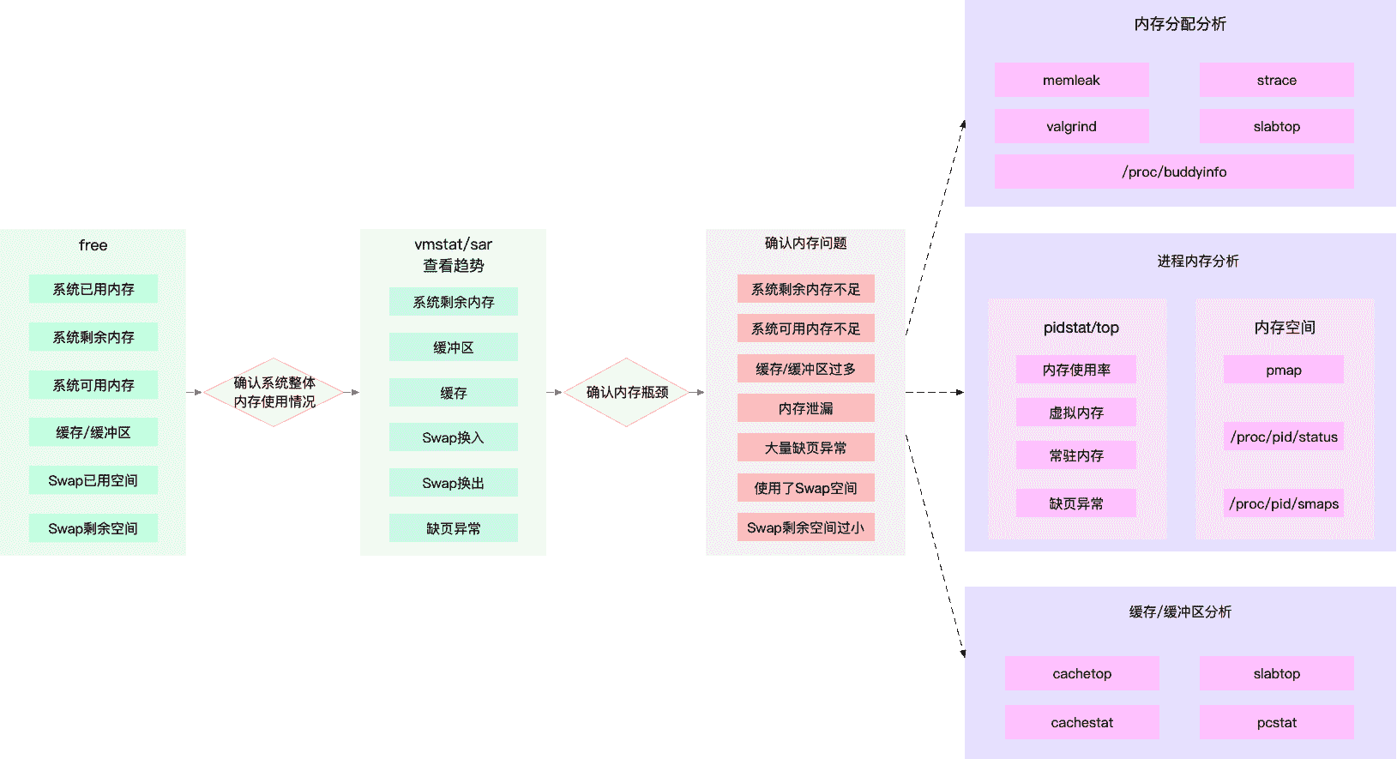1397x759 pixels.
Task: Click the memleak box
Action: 1071,80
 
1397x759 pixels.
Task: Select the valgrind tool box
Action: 1071,126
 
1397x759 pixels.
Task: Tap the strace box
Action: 1276,80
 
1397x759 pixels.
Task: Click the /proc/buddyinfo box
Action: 1174,172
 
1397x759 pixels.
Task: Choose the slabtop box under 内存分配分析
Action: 1276,126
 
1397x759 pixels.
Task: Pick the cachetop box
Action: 1081,673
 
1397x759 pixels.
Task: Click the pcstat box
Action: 1276,722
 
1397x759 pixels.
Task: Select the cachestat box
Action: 1081,722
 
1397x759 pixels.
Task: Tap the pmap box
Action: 1283,370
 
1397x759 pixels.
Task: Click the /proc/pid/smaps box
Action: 1283,503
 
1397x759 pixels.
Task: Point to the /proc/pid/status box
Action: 1283,437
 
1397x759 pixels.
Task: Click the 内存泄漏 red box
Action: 805,408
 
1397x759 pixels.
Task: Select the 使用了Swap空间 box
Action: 805,488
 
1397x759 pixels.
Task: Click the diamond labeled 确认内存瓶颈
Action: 627,392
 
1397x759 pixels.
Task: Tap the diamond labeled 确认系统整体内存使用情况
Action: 274,392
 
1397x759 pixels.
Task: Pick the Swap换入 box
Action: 453,437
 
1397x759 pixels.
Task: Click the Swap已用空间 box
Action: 93,480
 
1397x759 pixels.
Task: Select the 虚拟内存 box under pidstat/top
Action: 1075,413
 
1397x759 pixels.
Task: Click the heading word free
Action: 93,245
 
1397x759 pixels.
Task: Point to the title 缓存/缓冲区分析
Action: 1180,611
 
